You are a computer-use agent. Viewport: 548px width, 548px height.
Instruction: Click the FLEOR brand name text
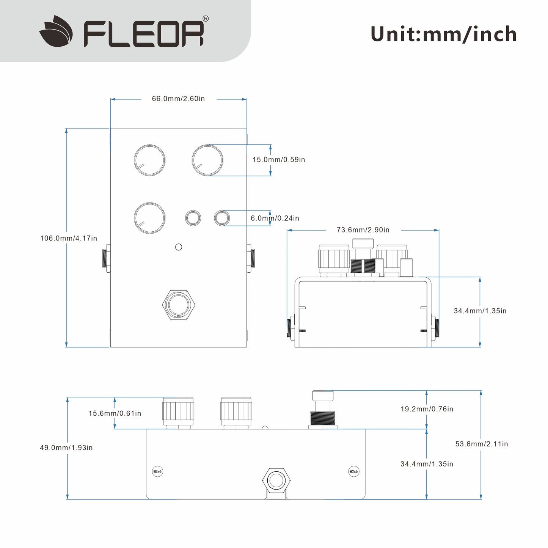click(144, 34)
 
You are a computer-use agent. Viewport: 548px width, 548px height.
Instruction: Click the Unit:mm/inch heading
click(443, 34)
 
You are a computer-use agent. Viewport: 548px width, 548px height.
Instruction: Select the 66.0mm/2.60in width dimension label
click(178, 99)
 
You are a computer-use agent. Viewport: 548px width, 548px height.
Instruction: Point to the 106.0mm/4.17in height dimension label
click(69, 239)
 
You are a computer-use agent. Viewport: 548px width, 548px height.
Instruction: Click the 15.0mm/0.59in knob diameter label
click(279, 160)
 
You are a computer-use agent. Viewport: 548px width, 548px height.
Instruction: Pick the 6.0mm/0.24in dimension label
click(275, 218)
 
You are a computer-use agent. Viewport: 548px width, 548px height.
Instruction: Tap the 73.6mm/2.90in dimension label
click(363, 230)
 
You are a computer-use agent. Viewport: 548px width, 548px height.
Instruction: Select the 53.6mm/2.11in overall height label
click(482, 444)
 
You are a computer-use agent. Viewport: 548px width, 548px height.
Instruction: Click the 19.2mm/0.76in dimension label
click(427, 409)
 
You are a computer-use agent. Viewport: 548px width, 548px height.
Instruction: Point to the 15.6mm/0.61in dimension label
click(115, 413)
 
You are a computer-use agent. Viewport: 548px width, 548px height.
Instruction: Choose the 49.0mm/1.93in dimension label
click(66, 448)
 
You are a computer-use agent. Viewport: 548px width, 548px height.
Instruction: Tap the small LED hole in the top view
click(179, 247)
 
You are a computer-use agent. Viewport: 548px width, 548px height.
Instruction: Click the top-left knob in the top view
click(150, 160)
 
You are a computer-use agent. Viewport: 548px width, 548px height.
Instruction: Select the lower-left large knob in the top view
click(150, 218)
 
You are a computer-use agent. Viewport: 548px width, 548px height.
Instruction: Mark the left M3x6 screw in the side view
click(157, 472)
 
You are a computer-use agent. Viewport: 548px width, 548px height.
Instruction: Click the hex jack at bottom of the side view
click(277, 479)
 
